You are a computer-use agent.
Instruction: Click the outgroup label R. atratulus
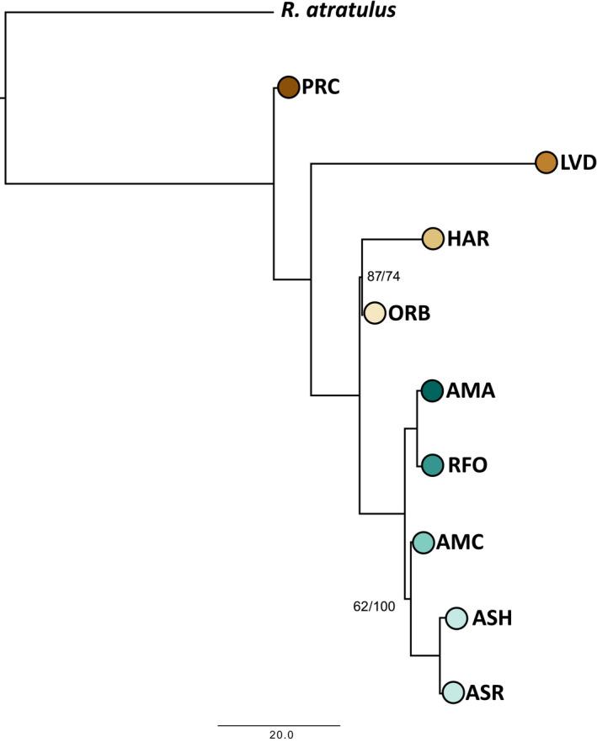(x=338, y=12)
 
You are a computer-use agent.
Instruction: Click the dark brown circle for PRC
(x=289, y=86)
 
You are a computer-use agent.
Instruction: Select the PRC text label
(x=321, y=87)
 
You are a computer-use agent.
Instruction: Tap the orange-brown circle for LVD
(x=546, y=162)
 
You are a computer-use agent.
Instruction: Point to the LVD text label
(x=578, y=162)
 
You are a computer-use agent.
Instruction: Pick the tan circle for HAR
(x=433, y=239)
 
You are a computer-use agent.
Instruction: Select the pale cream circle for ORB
(x=374, y=313)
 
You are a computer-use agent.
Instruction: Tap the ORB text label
(x=409, y=313)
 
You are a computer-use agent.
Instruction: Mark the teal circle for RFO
(x=432, y=464)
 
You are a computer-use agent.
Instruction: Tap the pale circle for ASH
(x=456, y=618)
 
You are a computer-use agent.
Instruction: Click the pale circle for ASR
(x=453, y=692)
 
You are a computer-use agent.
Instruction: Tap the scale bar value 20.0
(x=280, y=734)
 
